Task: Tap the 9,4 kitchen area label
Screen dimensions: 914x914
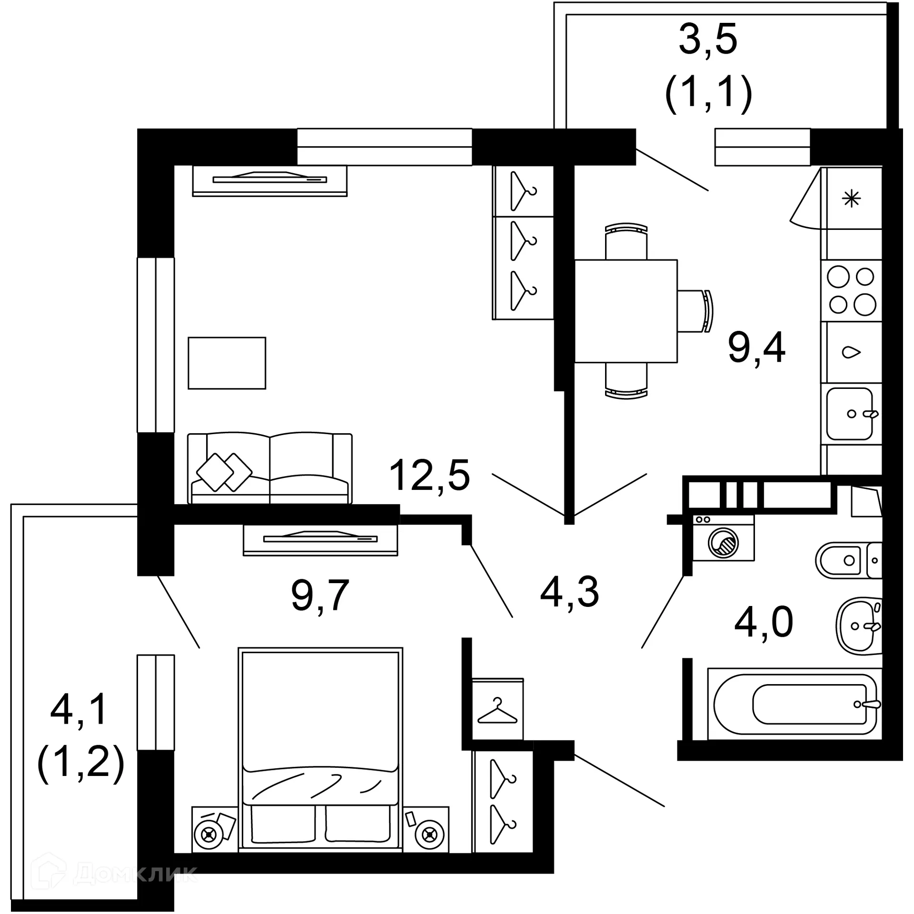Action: [x=756, y=348]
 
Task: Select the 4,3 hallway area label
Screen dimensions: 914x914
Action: [x=569, y=592]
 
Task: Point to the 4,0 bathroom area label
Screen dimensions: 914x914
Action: [x=764, y=622]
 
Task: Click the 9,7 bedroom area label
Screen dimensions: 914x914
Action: [x=320, y=595]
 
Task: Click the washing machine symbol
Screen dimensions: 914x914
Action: [x=723, y=538]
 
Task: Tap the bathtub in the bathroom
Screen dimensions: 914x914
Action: [x=794, y=704]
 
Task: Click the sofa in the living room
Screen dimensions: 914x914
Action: [x=270, y=468]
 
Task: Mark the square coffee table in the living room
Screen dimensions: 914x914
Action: [x=227, y=363]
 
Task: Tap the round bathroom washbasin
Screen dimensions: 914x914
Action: [x=858, y=626]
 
